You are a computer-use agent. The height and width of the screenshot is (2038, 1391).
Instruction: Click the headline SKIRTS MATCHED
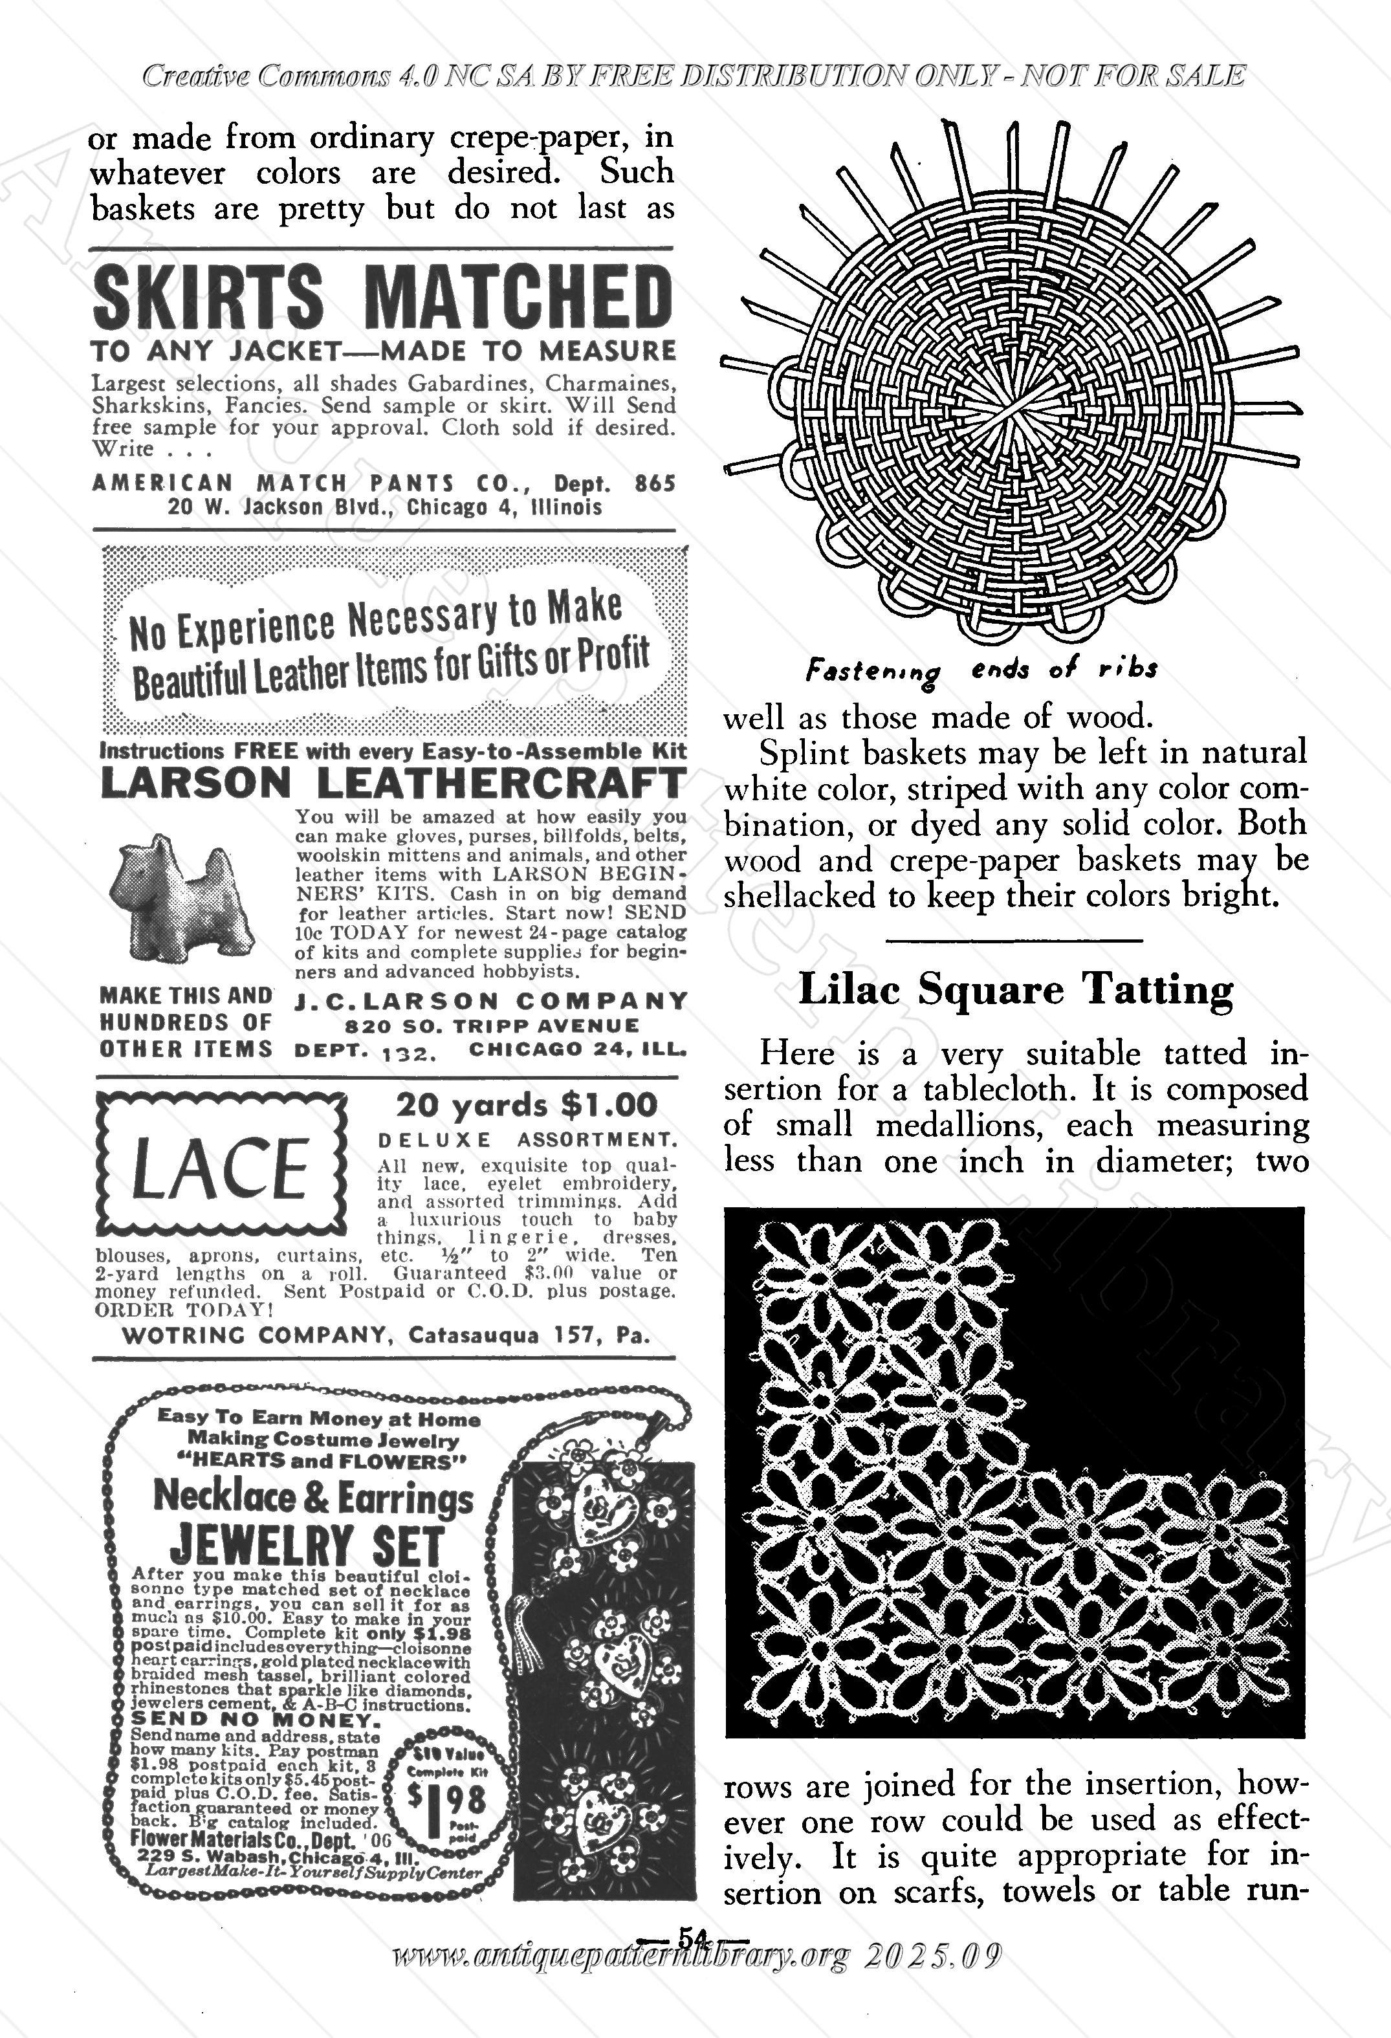pos(382,296)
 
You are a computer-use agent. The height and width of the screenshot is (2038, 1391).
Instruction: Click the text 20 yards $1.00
pos(526,1105)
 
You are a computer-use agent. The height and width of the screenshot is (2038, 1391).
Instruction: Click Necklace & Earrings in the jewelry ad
pos(313,1497)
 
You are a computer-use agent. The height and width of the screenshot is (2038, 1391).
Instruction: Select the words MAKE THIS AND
pos(186,996)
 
